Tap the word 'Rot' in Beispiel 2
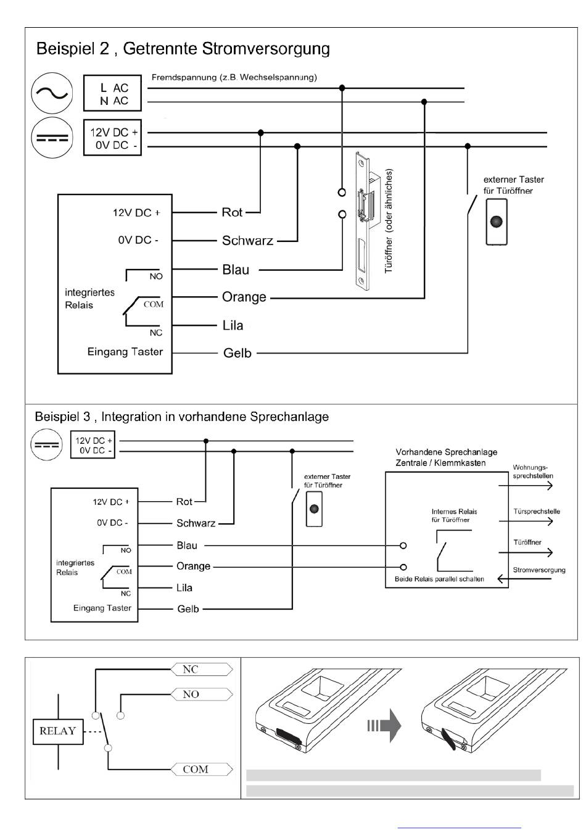pyautogui.click(x=232, y=212)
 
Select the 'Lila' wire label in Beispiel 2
pyautogui.click(x=233, y=325)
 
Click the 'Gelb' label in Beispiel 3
pyautogui.click(x=188, y=609)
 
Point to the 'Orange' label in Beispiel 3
pyautogui.click(x=193, y=567)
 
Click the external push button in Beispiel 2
pyautogui.click(x=497, y=222)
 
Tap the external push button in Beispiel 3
pyautogui.click(x=314, y=509)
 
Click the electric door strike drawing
pyautogui.click(x=367, y=221)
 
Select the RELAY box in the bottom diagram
pyautogui.click(x=58, y=731)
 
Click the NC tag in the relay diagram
pyautogui.click(x=202, y=669)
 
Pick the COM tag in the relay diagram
pyautogui.click(x=202, y=769)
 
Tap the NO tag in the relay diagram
pyautogui.click(x=202, y=694)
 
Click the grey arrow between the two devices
pyautogui.click(x=384, y=726)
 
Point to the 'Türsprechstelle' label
pyautogui.click(x=537, y=512)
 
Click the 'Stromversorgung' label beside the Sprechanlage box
pyautogui.click(x=539, y=570)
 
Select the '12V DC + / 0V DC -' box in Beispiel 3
pyautogui.click(x=93, y=445)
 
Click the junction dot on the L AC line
pyautogui.click(x=342, y=88)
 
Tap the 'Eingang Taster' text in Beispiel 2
pyautogui.click(x=125, y=352)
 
